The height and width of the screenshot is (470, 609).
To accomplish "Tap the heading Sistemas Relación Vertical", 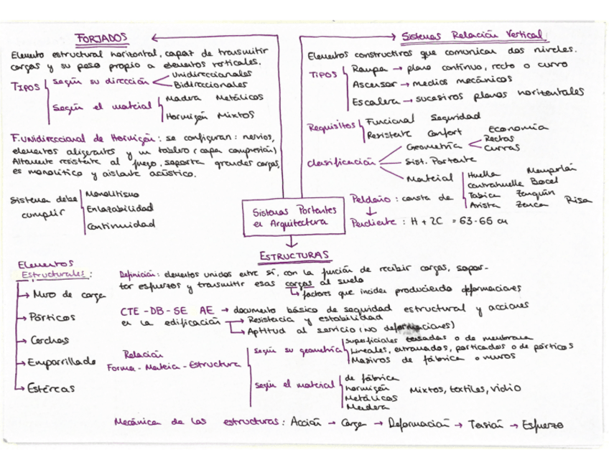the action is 471,36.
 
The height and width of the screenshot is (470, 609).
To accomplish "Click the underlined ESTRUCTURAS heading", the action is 294,255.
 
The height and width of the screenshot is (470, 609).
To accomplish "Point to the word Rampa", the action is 367,70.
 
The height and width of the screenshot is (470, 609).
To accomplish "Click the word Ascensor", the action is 371,84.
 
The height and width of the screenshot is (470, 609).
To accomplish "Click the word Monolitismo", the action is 111,194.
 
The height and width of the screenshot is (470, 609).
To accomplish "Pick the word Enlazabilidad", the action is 118,209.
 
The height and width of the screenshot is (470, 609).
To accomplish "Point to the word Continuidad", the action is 120,225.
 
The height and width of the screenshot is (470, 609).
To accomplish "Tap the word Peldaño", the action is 371,198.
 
